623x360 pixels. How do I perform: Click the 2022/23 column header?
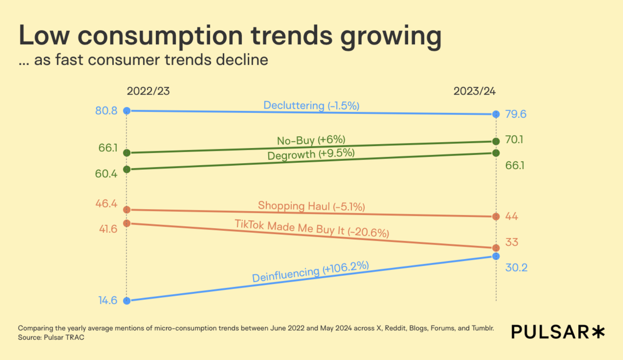pyautogui.click(x=148, y=91)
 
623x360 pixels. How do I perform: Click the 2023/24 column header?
pyautogui.click(x=474, y=91)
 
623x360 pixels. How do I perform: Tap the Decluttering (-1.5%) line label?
pyautogui.click(x=311, y=106)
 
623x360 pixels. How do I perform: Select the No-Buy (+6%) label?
pyautogui.click(x=311, y=140)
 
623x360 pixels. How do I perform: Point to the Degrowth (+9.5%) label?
pyautogui.click(x=311, y=154)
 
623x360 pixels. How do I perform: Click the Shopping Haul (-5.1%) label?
pyautogui.click(x=311, y=206)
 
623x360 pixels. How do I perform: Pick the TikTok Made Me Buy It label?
pyautogui.click(x=311, y=228)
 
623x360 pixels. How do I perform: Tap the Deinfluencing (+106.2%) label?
pyautogui.click(x=310, y=271)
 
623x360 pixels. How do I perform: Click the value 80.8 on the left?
pyautogui.click(x=106, y=111)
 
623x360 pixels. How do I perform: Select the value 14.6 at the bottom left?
pyautogui.click(x=108, y=301)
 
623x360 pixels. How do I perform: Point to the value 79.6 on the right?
pyautogui.click(x=516, y=115)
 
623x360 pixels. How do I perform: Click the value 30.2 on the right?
pyautogui.click(x=516, y=268)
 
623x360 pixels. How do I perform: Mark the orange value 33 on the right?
pyautogui.click(x=512, y=242)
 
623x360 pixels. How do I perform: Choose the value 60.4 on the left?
pyautogui.click(x=106, y=174)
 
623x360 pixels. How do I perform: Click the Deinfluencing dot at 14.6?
pyautogui.click(x=127, y=301)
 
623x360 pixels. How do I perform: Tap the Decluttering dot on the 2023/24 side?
pyautogui.click(x=496, y=115)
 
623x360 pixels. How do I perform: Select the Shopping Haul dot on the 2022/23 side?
pyautogui.click(x=127, y=210)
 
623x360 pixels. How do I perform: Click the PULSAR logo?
pyautogui.click(x=558, y=332)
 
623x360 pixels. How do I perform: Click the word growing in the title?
pyautogui.click(x=391, y=36)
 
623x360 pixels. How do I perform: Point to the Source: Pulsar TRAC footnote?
pyautogui.click(x=51, y=338)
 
